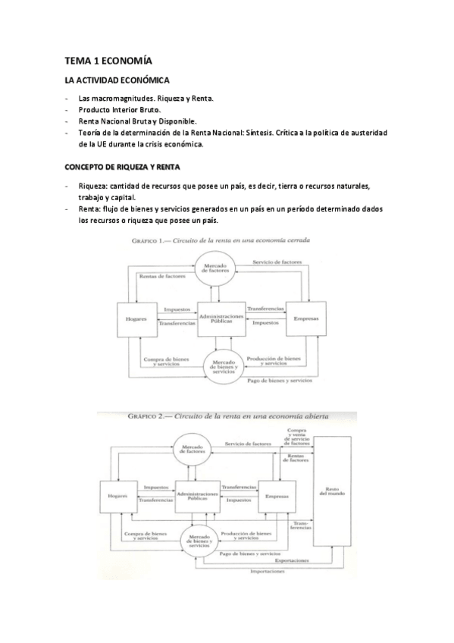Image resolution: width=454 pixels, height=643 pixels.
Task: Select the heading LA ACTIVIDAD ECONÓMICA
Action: (x=117, y=80)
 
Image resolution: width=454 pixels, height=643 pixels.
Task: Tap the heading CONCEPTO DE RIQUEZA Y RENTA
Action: (x=122, y=167)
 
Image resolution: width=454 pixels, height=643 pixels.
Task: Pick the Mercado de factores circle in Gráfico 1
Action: (x=221, y=269)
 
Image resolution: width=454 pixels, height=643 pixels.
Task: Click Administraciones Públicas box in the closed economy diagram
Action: (x=222, y=318)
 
